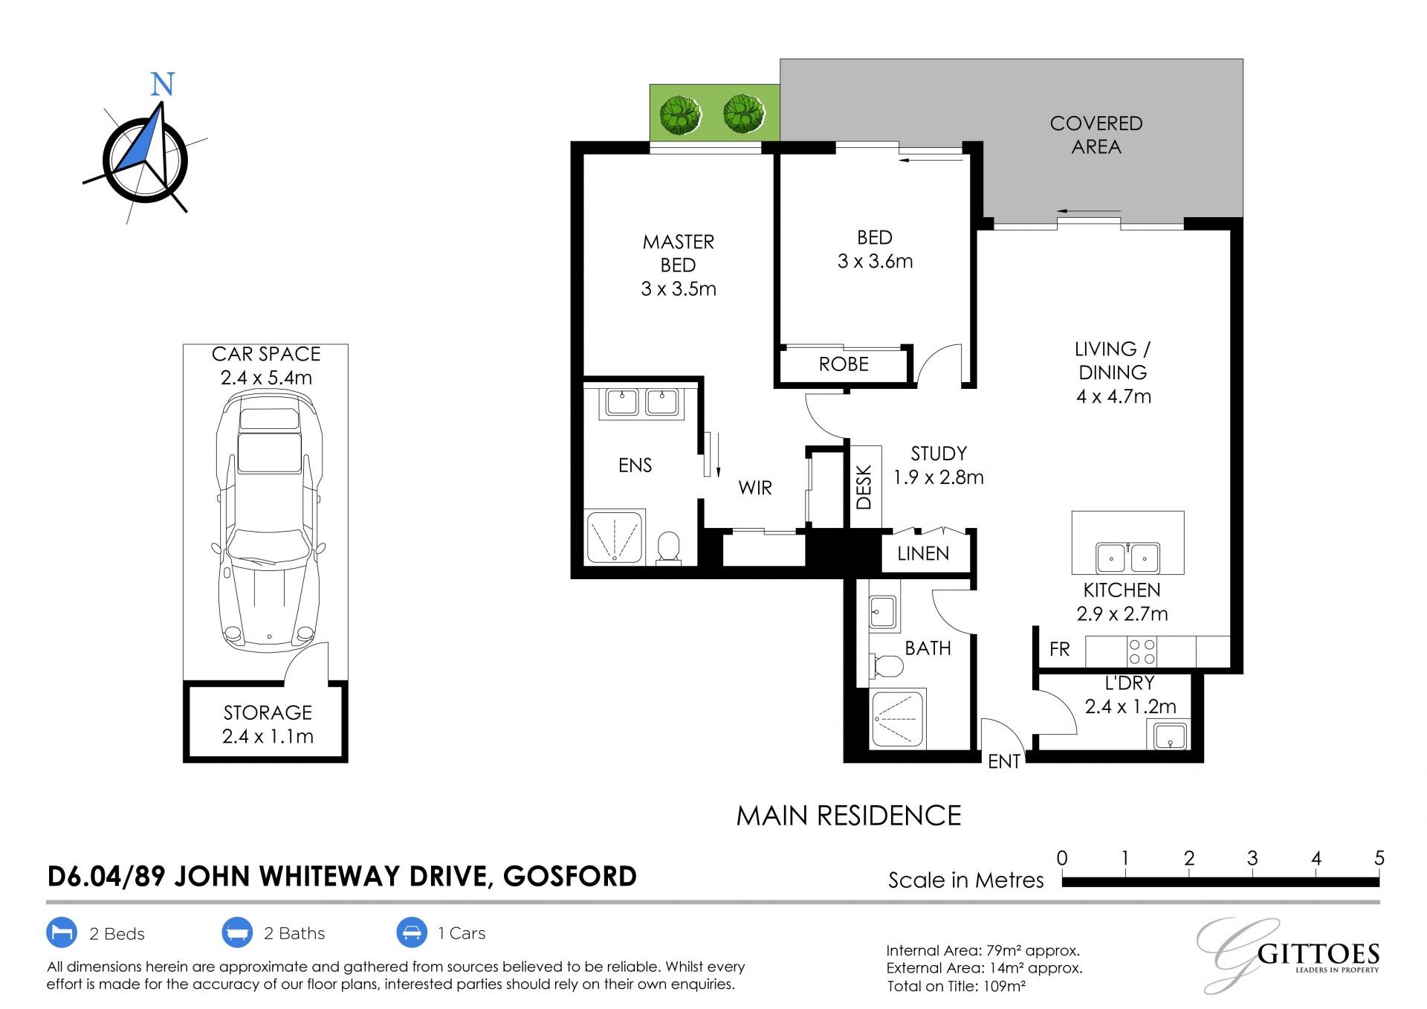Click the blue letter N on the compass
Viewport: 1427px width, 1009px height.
(162, 84)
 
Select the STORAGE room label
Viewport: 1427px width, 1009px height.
(268, 712)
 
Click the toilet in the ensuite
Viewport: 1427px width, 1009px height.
(669, 548)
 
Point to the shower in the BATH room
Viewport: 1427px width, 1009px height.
(898, 719)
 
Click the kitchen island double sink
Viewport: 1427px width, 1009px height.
(1127, 557)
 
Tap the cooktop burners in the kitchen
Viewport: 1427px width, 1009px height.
(1142, 652)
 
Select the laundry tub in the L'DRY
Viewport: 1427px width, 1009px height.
(1171, 736)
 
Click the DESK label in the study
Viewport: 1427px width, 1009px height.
(864, 487)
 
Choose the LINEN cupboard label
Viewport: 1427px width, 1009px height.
(923, 553)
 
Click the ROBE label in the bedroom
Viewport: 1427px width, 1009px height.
(844, 364)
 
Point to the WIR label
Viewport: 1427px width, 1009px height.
(755, 488)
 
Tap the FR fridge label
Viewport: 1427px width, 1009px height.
(1060, 649)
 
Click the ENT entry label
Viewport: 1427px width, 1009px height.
(1004, 761)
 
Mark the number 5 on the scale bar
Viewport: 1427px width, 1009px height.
(1379, 858)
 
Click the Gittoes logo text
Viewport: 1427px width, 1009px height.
(1318, 954)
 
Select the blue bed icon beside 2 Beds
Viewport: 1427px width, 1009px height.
(62, 932)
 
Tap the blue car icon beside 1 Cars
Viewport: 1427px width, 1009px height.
(412, 932)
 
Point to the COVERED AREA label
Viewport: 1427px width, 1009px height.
(1096, 135)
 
